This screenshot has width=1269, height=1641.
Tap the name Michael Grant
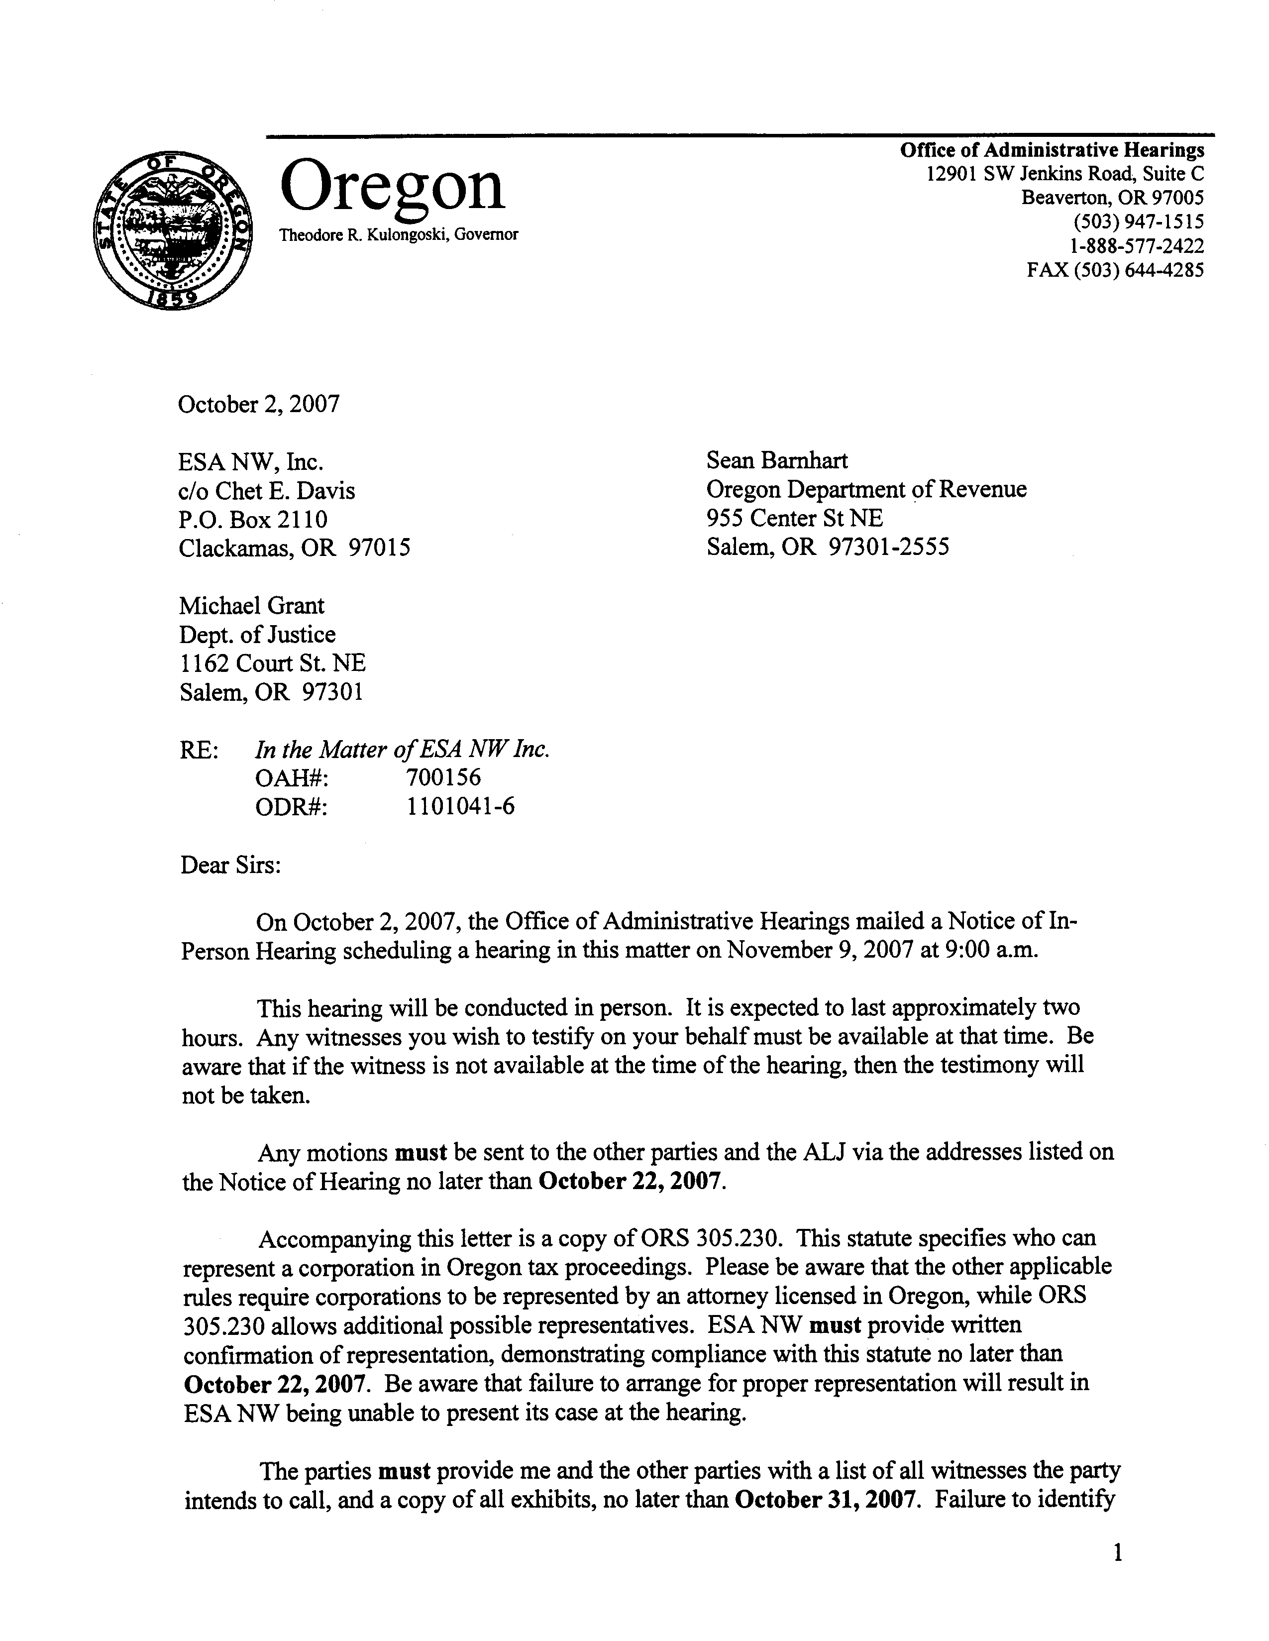tap(252, 606)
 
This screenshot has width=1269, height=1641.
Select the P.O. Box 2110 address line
tap(253, 519)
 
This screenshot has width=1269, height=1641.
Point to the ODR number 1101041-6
tap(460, 806)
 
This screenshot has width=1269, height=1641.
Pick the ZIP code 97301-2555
tap(888, 547)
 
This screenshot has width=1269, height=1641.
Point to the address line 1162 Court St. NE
tap(272, 663)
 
